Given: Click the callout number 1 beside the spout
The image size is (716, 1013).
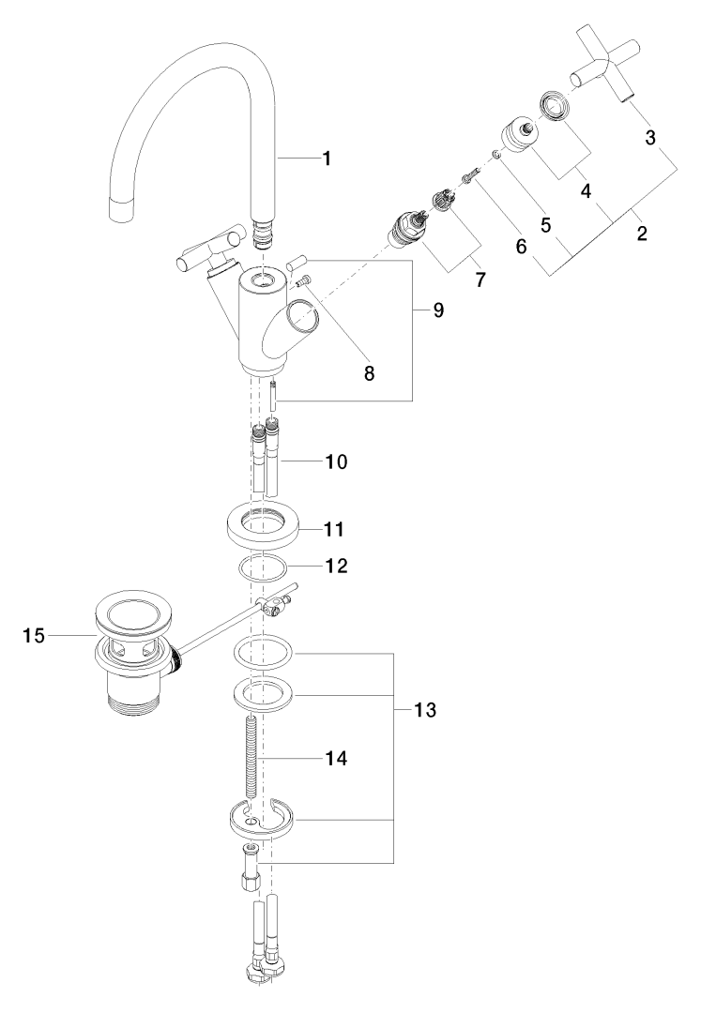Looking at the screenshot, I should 326,159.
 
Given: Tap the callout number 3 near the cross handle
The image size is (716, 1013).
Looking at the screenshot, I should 649,138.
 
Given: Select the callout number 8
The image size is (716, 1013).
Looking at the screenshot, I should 369,372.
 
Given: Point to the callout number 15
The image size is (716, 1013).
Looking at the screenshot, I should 34,636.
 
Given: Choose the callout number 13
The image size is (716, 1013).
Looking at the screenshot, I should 424,710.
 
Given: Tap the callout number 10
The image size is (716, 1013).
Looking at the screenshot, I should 335,461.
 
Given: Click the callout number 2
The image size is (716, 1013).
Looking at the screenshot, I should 641,234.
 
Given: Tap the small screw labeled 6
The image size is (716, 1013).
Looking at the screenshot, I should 470,174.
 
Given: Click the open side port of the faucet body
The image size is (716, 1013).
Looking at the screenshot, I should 302,319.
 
